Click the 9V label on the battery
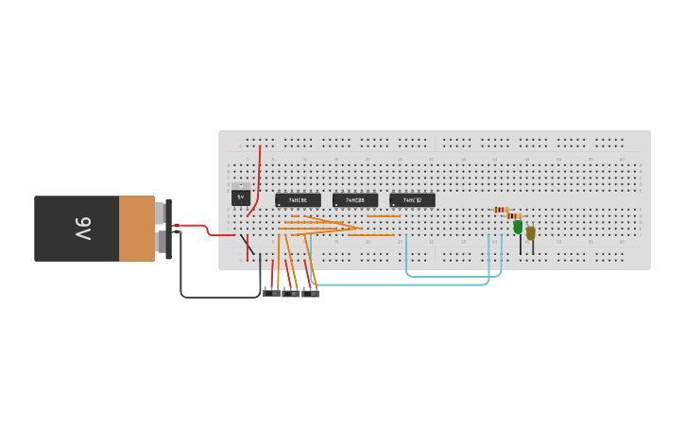click(82, 229)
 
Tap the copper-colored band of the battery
click(136, 229)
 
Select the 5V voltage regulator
click(241, 197)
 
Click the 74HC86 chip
click(298, 200)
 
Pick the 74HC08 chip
click(354, 200)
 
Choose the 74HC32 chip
click(412, 200)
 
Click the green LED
click(518, 227)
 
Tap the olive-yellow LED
click(531, 232)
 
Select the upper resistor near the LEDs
click(501, 210)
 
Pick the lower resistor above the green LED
click(514, 215)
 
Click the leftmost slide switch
click(271, 293)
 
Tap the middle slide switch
click(291, 293)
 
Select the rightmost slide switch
click(311, 293)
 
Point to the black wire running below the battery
click(217, 297)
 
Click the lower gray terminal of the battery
click(161, 244)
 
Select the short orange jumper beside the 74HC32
click(383, 216)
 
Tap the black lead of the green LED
click(520, 246)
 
